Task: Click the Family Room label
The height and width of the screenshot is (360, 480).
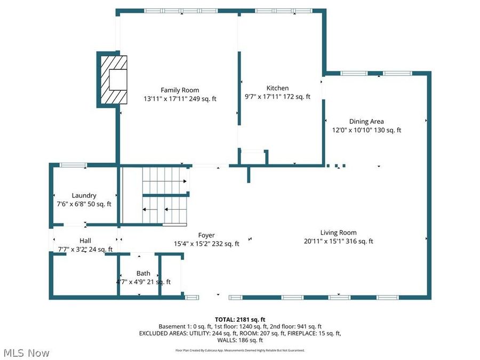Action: click(180, 90)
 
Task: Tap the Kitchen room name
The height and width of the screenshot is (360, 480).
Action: click(277, 88)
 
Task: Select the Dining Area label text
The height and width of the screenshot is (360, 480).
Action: click(366, 121)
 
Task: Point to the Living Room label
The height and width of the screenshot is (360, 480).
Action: click(338, 232)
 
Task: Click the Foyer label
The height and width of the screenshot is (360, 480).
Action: click(206, 235)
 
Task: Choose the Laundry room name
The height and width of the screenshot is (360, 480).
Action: click(84, 196)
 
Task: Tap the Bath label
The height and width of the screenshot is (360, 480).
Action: click(143, 273)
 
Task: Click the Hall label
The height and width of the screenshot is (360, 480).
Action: click(85, 241)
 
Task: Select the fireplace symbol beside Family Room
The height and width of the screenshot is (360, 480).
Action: click(113, 80)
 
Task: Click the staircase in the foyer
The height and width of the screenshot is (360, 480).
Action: click(160, 196)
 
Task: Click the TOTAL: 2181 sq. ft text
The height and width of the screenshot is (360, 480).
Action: click(239, 318)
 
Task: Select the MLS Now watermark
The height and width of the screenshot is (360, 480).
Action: click(26, 353)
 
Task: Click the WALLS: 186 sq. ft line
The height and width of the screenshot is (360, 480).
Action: click(239, 340)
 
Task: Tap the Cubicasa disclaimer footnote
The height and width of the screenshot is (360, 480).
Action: click(239, 350)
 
